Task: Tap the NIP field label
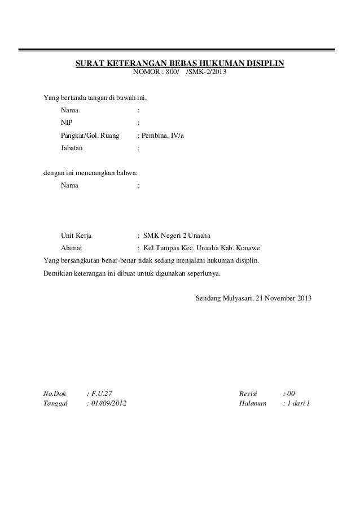[x=67, y=122]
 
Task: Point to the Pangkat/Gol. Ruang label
[x=90, y=136]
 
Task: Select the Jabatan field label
[x=71, y=149]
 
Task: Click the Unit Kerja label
[x=77, y=236]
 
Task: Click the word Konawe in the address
[x=248, y=249]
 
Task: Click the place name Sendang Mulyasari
[x=223, y=298]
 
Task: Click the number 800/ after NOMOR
[x=169, y=72]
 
